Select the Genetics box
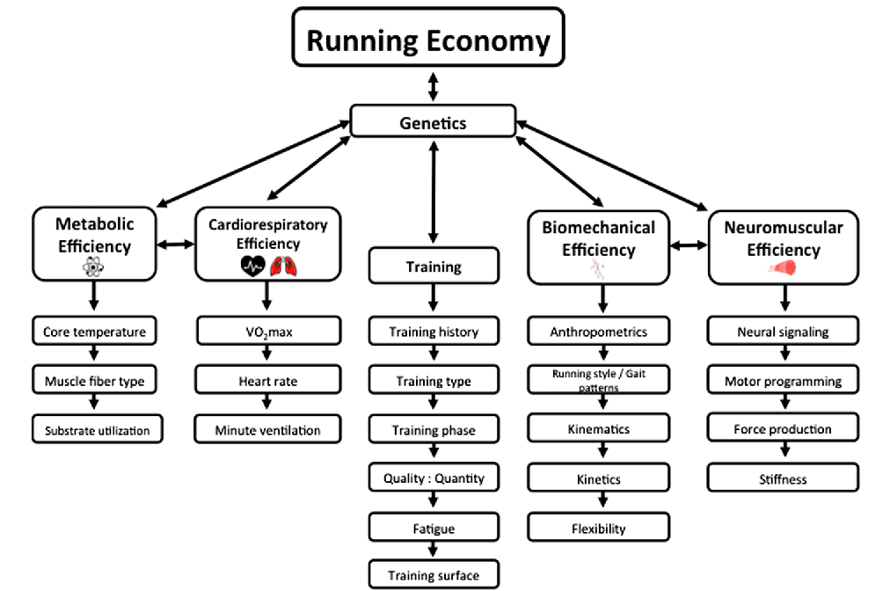433,122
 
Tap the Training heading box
433,266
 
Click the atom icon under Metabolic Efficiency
94,268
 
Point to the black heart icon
252,265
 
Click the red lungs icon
282,265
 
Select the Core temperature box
94,332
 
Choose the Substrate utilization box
97,430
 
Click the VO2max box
267,332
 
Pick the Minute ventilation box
267,430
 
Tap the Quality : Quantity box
434,478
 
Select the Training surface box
434,575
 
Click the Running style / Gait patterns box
598,380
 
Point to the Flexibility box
598,528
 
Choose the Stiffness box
783,479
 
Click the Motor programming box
783,381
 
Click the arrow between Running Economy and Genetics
432,87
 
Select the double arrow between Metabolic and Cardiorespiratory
177,245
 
